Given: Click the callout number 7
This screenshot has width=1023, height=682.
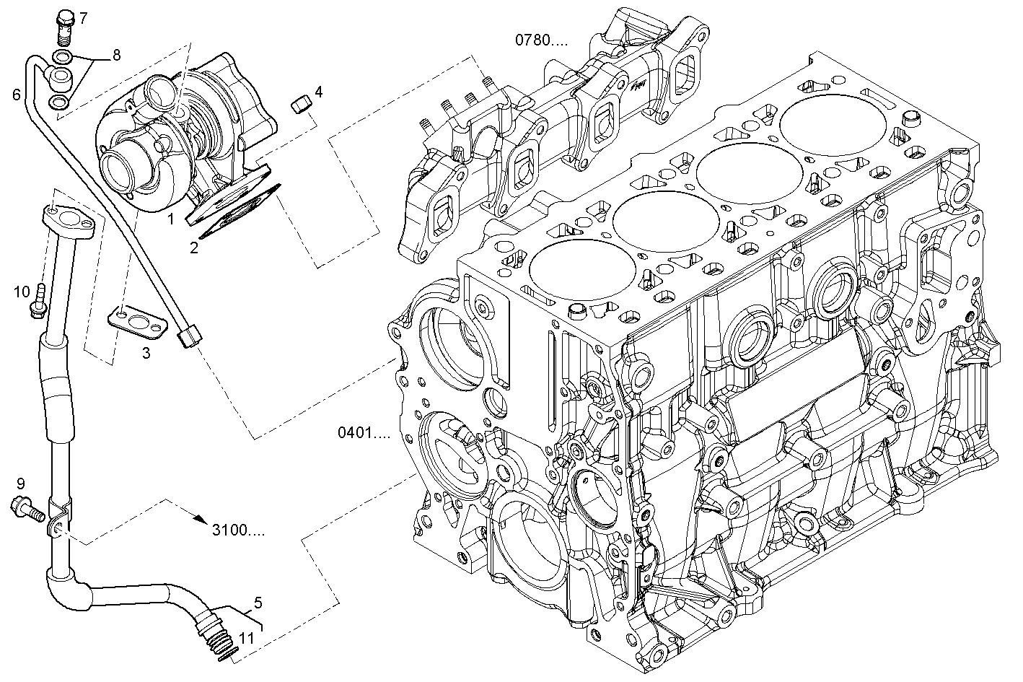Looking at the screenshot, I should (x=83, y=17).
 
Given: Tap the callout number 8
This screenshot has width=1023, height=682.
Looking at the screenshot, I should (x=115, y=55).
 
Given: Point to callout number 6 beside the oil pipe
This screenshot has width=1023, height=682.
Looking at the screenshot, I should (x=16, y=95).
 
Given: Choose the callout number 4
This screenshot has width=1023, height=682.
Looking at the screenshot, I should (x=318, y=92).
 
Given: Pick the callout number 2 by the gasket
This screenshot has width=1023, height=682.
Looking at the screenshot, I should (x=194, y=248).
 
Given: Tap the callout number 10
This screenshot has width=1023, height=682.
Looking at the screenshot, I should (x=22, y=292).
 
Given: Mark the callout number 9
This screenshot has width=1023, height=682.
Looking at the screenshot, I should (x=20, y=483).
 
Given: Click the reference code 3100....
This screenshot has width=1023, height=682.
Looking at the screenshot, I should (x=238, y=530).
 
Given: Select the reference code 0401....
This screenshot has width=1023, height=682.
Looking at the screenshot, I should (x=364, y=433).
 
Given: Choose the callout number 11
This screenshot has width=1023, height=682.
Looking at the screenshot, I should (x=247, y=637).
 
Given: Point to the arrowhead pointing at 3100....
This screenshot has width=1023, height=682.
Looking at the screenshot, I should (x=202, y=517).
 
